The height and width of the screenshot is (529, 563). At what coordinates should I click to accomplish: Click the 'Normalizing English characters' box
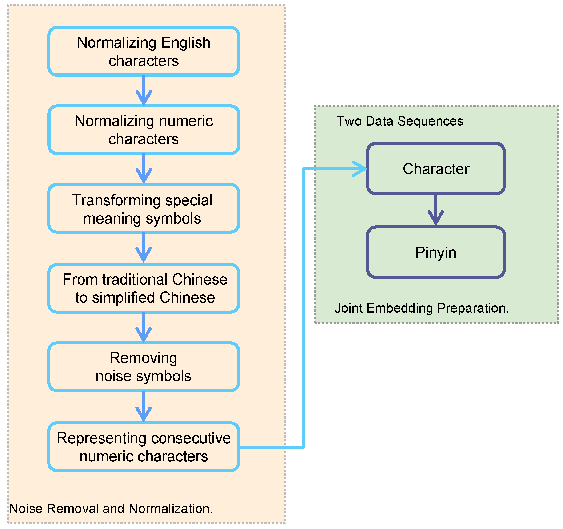pos(144,51)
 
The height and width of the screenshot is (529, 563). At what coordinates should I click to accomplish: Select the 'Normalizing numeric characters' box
pos(144,130)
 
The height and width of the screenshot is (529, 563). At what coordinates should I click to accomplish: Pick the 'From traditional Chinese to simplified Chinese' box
pos(144,288)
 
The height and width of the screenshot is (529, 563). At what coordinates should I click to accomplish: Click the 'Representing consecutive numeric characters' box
pos(144,447)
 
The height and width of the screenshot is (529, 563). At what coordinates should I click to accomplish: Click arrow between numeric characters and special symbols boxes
pos(144,168)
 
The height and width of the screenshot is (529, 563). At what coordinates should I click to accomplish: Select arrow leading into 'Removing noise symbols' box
pos(144,327)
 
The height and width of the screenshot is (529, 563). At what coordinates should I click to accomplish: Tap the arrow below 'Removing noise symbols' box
pos(144,407)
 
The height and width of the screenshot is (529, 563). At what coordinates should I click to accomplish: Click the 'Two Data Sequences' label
pos(400,121)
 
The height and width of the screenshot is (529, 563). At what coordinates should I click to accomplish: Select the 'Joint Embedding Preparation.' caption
pos(421,308)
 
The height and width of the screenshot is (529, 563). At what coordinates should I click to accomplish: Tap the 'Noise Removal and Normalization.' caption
pos(111,509)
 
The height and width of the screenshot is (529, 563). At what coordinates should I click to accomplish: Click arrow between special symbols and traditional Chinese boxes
pos(144,247)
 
